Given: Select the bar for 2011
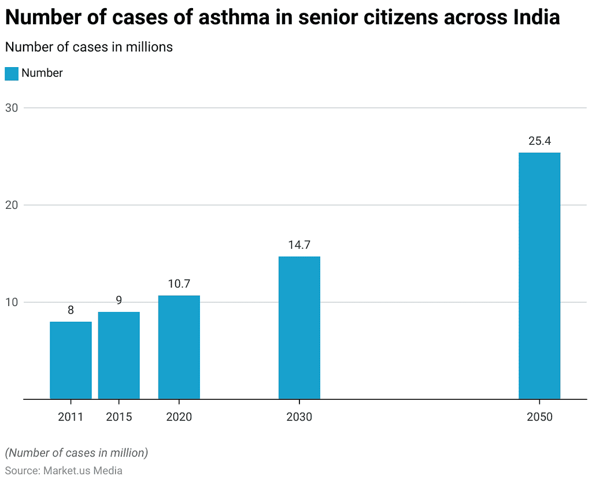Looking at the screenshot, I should point(71,360).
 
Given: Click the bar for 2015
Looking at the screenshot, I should point(119,355).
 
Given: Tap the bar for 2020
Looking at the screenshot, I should point(179,347).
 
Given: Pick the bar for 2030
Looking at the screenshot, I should point(299,328).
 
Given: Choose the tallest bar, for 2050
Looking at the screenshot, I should point(539,275).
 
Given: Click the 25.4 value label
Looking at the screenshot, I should point(539,141).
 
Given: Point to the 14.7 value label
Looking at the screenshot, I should point(299,245).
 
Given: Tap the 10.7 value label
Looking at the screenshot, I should point(179,284).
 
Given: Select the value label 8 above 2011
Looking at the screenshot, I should point(71,310).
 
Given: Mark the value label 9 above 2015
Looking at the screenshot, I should point(119,300).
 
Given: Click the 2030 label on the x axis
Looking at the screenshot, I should point(299,417).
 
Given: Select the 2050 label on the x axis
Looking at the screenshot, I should point(539,417).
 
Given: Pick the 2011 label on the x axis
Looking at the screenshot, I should point(71,417).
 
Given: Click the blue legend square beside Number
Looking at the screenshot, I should point(12,73).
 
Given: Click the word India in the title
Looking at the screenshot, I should point(536,17).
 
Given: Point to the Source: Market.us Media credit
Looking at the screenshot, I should point(64,470).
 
